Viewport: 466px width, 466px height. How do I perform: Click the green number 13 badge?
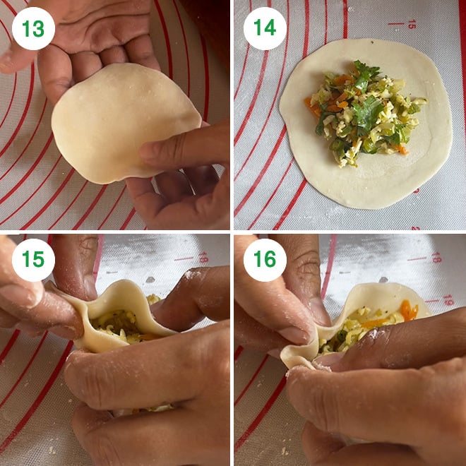(x=33, y=28)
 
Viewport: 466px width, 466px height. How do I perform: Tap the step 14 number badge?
(x=265, y=28)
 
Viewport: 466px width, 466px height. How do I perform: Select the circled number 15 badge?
(x=33, y=260)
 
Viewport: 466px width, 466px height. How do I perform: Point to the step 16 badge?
(x=265, y=260)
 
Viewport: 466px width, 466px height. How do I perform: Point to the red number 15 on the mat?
(x=411, y=24)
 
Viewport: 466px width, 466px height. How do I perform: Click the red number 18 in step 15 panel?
(x=203, y=258)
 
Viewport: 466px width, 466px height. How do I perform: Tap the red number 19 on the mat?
(x=448, y=300)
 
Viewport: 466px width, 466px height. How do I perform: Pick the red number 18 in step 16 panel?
(x=436, y=258)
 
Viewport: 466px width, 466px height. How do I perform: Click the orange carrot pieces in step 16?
(x=409, y=310)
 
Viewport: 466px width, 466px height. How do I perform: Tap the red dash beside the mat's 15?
(x=396, y=23)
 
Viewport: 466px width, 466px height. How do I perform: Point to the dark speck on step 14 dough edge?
(x=372, y=42)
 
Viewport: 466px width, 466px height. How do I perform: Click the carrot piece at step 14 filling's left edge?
(x=312, y=107)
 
